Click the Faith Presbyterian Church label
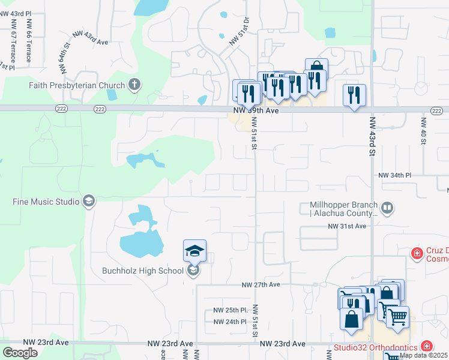coord(76,85)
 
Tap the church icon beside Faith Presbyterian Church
coord(134,85)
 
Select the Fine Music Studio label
coord(46,201)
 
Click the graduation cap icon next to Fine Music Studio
coord(89,200)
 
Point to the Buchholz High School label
coord(143,271)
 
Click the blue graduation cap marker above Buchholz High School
coord(194,250)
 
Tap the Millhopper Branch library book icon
coord(387,208)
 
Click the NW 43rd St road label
coord(372,139)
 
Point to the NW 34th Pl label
coord(394,175)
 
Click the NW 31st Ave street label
coord(346,226)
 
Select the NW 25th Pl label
coord(231,311)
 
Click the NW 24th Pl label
coord(231,322)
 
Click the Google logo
coord(20,353)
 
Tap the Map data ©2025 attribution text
coord(423,355)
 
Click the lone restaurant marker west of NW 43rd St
coord(354,94)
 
